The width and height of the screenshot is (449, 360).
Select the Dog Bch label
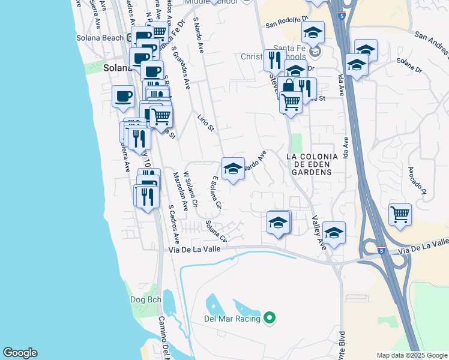click(142, 299)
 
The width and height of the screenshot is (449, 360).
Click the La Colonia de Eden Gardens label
click(309, 164)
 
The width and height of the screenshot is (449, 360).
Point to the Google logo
click(20, 353)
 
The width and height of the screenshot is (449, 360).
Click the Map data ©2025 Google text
click(412, 355)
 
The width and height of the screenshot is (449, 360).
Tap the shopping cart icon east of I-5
click(400, 214)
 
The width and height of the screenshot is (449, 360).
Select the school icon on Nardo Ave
click(233, 169)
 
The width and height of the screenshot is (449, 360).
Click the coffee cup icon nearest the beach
click(123, 96)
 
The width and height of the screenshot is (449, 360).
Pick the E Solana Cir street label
click(217, 192)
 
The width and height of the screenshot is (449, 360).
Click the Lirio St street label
click(205, 120)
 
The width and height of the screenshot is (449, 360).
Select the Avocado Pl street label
click(418, 180)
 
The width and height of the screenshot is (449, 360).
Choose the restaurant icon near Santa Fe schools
click(274, 60)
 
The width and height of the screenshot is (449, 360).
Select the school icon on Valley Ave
click(334, 233)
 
